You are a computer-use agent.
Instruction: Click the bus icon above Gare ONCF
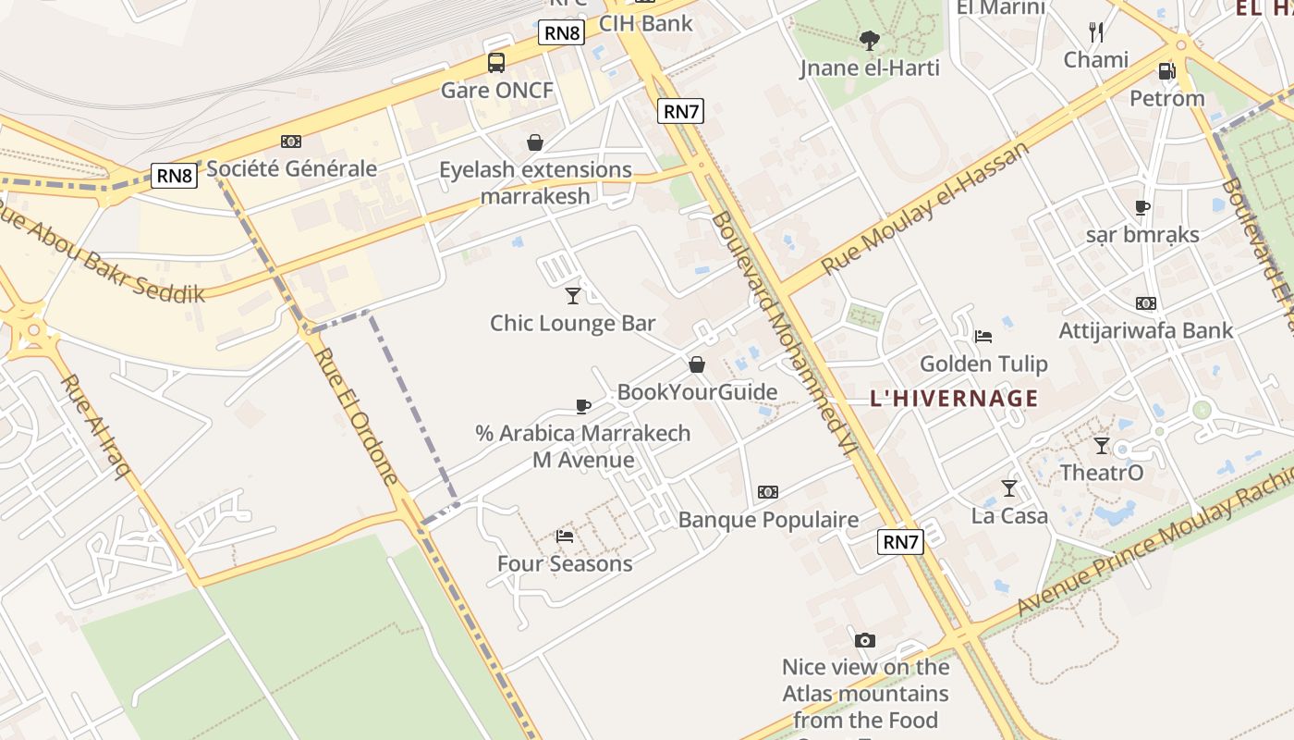(x=496, y=63)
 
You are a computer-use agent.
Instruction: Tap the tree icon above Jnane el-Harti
(x=869, y=40)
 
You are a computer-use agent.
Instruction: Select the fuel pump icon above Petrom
(x=1166, y=71)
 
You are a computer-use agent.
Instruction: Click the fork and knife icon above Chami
(x=1096, y=32)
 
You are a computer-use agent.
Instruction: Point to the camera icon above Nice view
(x=865, y=640)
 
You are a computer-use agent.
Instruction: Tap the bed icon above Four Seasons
(x=565, y=536)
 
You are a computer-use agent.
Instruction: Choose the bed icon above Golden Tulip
(x=983, y=336)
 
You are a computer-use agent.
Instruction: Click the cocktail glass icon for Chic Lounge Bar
(x=573, y=296)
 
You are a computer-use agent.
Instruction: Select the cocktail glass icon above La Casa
(x=1009, y=487)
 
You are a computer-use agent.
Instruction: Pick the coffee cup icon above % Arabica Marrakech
(x=583, y=406)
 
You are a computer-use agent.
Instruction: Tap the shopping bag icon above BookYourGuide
(x=697, y=364)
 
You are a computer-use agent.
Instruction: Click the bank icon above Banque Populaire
(x=768, y=492)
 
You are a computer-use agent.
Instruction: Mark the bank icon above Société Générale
(x=291, y=142)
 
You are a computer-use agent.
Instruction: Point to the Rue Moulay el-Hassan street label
(x=924, y=207)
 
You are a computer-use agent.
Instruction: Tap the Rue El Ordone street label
(x=355, y=415)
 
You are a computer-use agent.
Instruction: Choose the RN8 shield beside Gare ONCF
(x=562, y=33)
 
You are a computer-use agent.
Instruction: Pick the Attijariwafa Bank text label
(x=1146, y=330)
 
